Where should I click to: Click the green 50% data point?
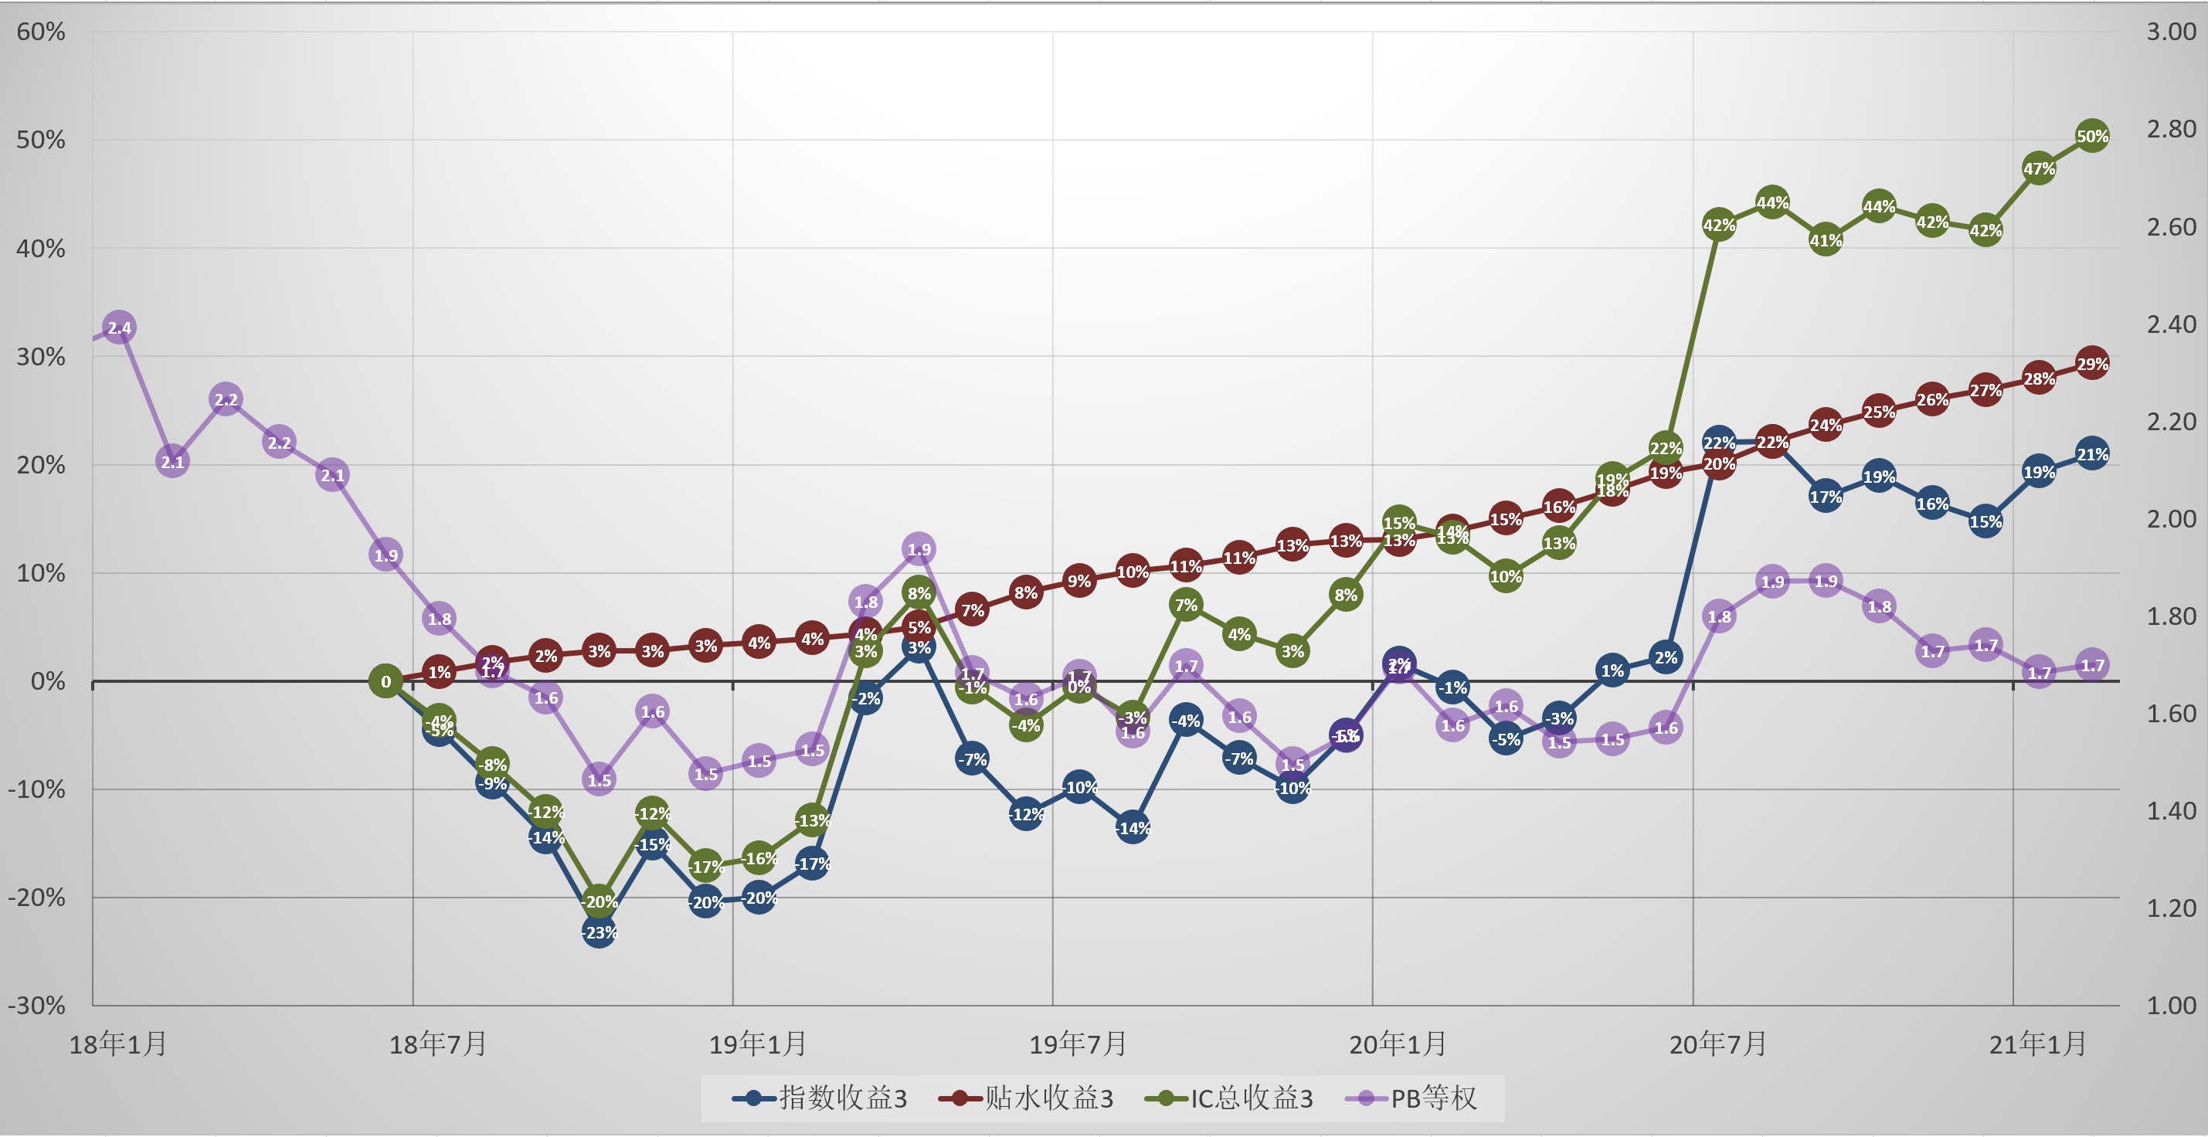2091,135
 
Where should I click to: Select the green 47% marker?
2038,168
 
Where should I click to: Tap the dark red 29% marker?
2091,363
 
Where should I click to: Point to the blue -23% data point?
600,932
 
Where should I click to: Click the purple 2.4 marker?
119,328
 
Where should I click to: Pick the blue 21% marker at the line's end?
2091,454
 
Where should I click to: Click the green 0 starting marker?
386,681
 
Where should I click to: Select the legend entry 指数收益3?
820,1098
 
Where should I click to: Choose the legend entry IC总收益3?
1229,1098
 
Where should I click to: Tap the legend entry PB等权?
1411,1098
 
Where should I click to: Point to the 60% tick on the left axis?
40,32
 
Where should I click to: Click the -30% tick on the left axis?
37,1005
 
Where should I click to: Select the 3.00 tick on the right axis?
2170,32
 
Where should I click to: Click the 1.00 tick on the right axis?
2170,1005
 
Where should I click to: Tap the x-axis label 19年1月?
758,1044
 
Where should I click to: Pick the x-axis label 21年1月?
2037,1044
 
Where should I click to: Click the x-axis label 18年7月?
438,1044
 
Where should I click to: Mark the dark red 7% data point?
972,609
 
